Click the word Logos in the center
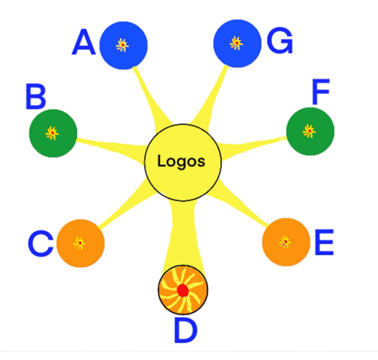click(x=182, y=161)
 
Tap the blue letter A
click(x=84, y=42)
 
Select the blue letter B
click(x=35, y=97)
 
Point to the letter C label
click(x=41, y=243)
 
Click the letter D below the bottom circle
click(x=185, y=330)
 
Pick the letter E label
click(x=325, y=242)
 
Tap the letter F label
click(x=321, y=91)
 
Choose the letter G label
click(x=280, y=41)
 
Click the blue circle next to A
click(x=124, y=45)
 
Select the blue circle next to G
click(x=237, y=43)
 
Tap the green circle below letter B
click(x=53, y=133)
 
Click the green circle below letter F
click(x=310, y=131)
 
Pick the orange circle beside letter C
click(x=80, y=243)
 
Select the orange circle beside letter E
click(x=286, y=242)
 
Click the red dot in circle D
click(x=182, y=290)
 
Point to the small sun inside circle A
click(x=122, y=45)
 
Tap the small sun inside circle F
click(x=309, y=131)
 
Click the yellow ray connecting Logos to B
click(x=111, y=146)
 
